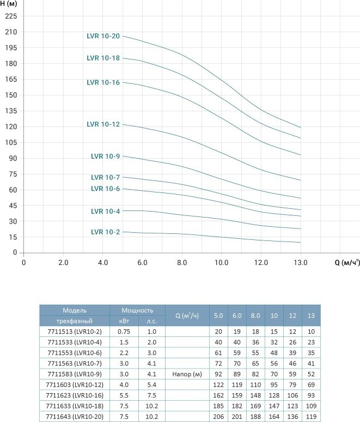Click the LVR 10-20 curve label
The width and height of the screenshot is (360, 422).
point(103,36)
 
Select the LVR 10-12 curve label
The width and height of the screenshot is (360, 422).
point(103,124)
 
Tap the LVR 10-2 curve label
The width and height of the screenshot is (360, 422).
point(105,232)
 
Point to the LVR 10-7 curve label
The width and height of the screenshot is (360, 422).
point(105,177)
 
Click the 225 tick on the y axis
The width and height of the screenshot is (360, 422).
point(11,16)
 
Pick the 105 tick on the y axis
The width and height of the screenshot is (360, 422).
point(11,142)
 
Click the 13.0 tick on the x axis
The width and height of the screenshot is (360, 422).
point(300,263)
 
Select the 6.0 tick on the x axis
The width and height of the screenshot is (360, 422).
point(142,263)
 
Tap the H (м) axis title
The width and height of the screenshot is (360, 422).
point(8,4)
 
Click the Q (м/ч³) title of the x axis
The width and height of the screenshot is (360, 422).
point(347,262)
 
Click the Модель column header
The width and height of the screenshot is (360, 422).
point(75,310)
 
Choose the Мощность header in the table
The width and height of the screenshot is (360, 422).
point(137,310)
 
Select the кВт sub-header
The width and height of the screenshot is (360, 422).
point(124,321)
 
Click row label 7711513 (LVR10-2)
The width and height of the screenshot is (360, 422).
point(75,331)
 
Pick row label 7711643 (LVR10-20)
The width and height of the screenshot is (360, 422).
point(75,417)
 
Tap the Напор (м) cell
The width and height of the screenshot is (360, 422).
point(187,374)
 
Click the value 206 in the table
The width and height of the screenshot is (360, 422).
point(218,417)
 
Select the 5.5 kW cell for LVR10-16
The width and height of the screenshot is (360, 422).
point(124,395)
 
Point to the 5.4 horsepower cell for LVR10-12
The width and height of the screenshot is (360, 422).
point(151,385)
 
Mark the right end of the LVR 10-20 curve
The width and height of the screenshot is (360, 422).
point(300,127)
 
